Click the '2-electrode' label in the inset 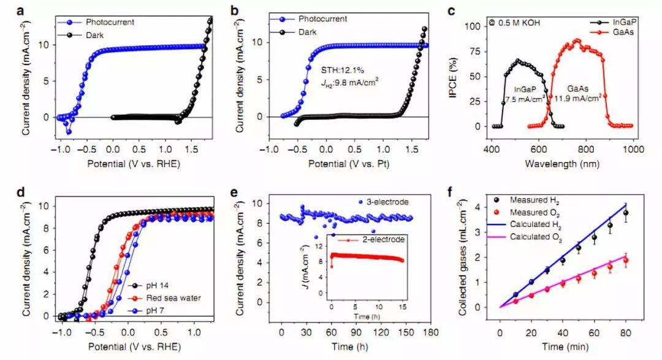pyautogui.click(x=386, y=240)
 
